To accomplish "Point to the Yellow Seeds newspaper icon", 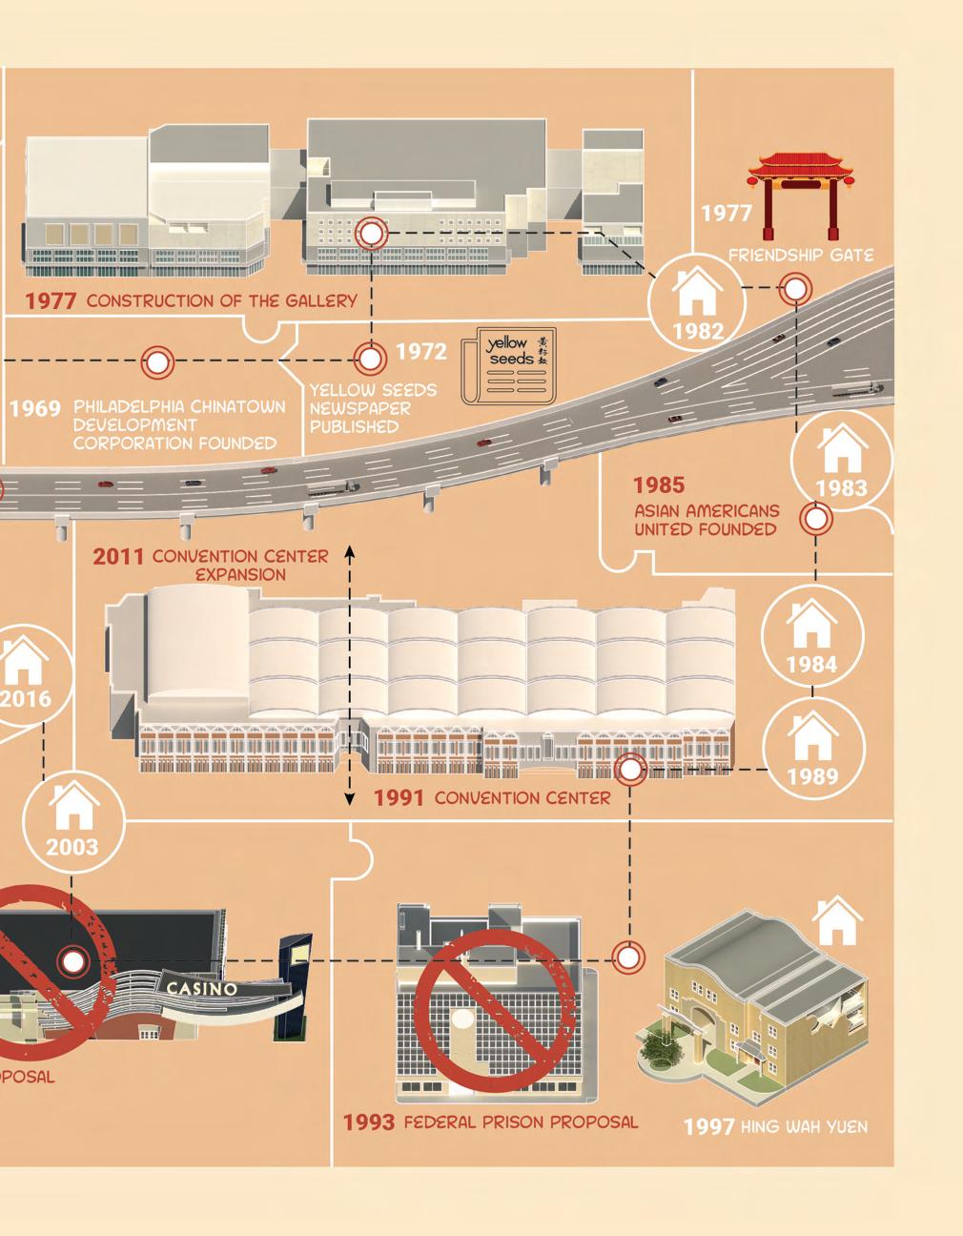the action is pos(507,368).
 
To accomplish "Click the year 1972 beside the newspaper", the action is pos(420,352).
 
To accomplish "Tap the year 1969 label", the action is pos(35,409).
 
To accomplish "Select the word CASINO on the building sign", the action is pos(202,988).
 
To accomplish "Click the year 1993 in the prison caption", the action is pos(369,1123).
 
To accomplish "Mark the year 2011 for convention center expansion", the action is pos(117,556).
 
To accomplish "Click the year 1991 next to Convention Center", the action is pos(398,797).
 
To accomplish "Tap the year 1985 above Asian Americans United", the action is pos(659,485).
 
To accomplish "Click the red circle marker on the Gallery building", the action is pos(371,233).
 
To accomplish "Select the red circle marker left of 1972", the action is pos(157,361).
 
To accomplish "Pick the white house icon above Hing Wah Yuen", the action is pos(836,920).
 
